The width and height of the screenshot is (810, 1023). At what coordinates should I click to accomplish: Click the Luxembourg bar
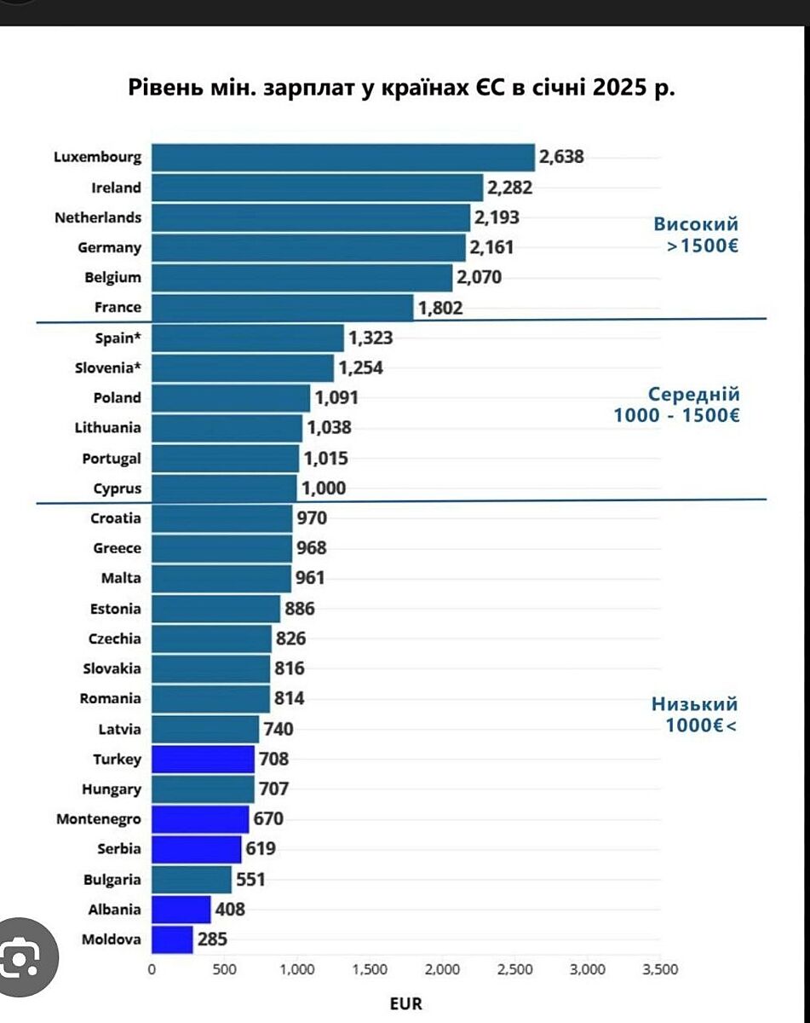click(342, 158)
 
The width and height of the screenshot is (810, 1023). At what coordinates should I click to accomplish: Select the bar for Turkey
click(203, 759)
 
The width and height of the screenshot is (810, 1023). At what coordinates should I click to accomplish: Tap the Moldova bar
click(172, 939)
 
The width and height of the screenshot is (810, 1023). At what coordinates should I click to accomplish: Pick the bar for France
click(282, 308)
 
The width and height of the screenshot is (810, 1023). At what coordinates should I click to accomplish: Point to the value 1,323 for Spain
click(371, 338)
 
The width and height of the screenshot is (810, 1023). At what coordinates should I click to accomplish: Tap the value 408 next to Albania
click(229, 909)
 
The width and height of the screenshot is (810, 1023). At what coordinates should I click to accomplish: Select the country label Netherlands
click(98, 217)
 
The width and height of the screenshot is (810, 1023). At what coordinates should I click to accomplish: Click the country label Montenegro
click(99, 819)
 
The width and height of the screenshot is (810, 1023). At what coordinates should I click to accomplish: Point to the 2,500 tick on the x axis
click(514, 969)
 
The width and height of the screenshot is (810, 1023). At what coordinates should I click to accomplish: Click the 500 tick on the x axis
click(224, 969)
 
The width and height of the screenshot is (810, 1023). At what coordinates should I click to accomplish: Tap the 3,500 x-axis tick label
click(660, 969)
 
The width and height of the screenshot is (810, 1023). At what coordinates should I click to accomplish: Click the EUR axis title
click(406, 1003)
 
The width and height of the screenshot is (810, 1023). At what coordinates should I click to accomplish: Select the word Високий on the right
click(696, 224)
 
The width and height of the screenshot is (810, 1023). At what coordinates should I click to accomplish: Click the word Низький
click(695, 704)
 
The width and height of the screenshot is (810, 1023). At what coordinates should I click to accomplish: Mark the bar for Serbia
click(196, 849)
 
